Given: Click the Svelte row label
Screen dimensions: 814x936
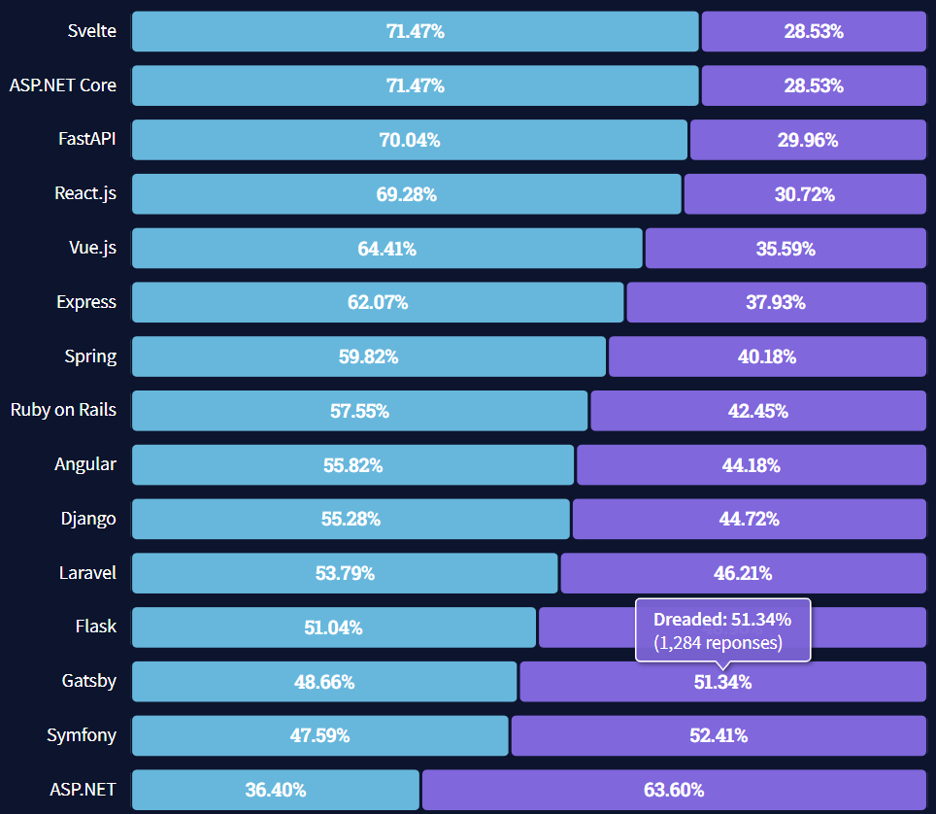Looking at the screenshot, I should point(91,31).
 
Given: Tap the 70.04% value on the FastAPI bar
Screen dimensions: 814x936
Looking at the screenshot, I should point(409,140).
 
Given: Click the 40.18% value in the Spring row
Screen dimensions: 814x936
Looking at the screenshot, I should point(766,356).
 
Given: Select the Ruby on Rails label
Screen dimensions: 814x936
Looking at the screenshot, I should point(63,410).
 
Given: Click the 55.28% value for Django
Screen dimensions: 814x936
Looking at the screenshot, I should point(351,519).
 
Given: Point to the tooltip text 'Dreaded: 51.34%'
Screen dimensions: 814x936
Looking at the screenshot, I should point(721,620).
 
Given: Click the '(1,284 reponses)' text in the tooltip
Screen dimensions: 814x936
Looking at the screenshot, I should point(717,643).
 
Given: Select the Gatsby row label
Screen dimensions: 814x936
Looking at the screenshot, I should point(88,681).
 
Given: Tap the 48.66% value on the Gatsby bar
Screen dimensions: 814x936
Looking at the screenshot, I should point(324,682).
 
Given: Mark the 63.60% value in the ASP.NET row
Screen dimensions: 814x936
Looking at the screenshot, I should point(674,790).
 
